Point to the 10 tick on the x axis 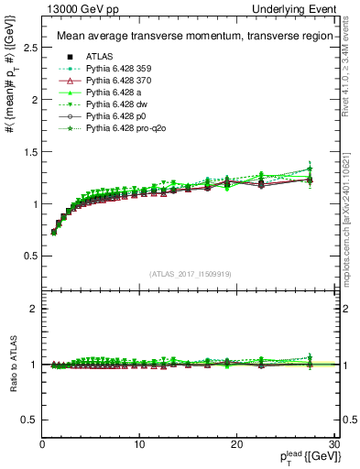point(139,444)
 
